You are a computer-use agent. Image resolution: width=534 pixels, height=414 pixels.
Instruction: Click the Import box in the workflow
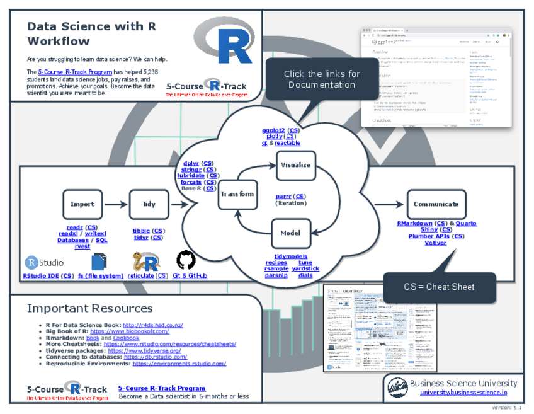click(82, 204)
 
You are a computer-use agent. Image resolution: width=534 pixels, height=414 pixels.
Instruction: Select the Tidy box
click(149, 204)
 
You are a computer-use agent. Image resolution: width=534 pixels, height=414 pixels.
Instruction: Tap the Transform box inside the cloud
click(237, 193)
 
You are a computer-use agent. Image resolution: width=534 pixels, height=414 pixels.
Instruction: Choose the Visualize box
click(295, 165)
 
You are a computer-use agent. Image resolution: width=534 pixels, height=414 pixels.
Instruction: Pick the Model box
click(290, 233)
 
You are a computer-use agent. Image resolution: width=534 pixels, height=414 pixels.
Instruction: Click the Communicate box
click(436, 204)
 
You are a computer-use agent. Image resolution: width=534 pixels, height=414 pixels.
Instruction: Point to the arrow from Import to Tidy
click(115, 204)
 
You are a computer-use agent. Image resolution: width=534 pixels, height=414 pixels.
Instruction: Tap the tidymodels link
click(290, 256)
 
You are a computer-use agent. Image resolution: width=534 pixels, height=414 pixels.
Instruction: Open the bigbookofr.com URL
click(130, 331)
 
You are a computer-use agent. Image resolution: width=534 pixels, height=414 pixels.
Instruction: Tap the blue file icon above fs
click(99, 262)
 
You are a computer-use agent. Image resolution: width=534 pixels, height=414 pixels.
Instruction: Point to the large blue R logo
click(225, 41)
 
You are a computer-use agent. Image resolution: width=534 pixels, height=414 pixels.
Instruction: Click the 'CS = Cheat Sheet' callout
click(440, 287)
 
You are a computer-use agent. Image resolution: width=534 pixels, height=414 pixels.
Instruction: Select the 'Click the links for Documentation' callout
click(322, 79)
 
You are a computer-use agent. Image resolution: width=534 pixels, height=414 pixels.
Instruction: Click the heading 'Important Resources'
click(90, 308)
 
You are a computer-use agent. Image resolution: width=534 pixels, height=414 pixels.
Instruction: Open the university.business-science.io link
click(463, 393)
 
